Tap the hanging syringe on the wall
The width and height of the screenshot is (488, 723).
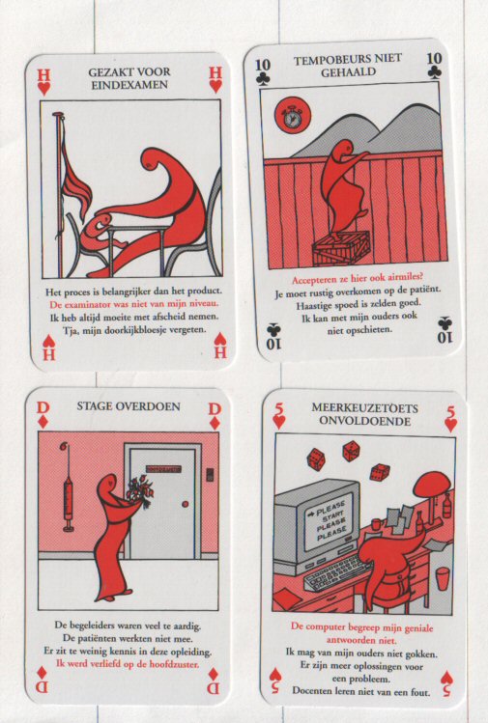tap(68, 487)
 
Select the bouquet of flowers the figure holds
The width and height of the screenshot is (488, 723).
tap(139, 492)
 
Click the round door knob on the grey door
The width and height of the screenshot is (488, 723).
tap(186, 504)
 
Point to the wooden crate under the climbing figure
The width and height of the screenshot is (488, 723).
tap(341, 247)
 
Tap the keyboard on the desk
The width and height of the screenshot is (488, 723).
tap(337, 572)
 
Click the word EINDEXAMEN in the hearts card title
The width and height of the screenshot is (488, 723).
tap(129, 85)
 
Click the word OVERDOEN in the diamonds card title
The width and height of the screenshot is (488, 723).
tap(149, 406)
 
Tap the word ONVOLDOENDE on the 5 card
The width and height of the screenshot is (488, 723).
tap(364, 421)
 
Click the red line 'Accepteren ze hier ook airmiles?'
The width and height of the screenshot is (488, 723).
tap(357, 279)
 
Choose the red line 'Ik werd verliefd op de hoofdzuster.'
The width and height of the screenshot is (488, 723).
tap(128, 664)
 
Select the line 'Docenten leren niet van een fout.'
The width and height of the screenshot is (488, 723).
tap(361, 692)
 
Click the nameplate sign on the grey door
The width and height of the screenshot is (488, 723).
tap(163, 469)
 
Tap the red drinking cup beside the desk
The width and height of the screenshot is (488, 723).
tap(442, 578)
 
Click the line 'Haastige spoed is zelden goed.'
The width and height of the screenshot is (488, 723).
tap(359, 304)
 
